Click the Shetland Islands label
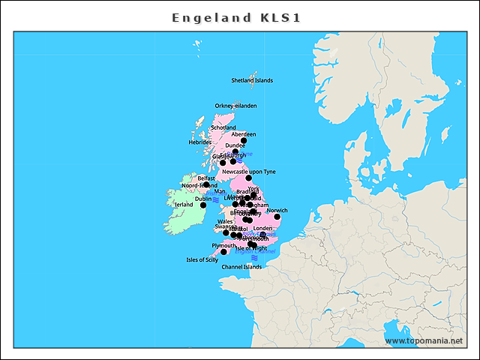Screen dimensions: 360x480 coord(252,80)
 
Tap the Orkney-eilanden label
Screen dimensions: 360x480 coord(235,106)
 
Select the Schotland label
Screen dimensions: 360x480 coord(223,127)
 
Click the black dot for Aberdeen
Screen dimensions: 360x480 coord(244,140)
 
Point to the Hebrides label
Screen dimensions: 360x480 coord(199,142)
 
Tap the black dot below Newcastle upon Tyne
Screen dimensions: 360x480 coord(248,178)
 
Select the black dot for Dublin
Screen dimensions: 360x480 coord(202,205)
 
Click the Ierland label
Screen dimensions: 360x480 coord(184,204)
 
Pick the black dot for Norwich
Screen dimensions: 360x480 coord(277,217)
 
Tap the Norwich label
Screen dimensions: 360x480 coord(277,211)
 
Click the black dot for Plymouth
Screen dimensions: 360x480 coord(223,252)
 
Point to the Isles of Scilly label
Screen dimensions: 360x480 coord(202,260)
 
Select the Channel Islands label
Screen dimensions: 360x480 coord(241,266)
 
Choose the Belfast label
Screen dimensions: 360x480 coord(206,178)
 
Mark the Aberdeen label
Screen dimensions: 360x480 coord(244,134)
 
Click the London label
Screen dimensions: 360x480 coord(262,228)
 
